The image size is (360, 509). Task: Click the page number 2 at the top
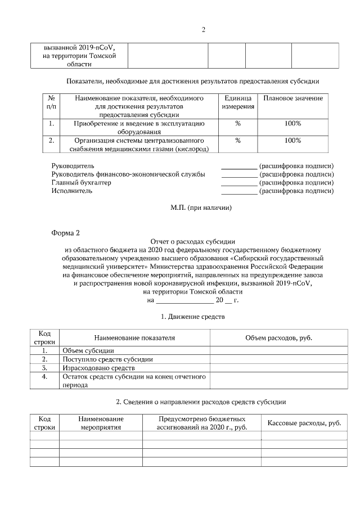click(203, 30)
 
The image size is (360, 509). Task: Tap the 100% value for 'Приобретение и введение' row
click(292, 123)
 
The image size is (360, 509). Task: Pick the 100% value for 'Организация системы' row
click(292, 140)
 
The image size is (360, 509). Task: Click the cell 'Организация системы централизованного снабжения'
click(139, 145)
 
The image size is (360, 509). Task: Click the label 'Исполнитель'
click(72, 191)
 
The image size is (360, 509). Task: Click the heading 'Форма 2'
click(70, 232)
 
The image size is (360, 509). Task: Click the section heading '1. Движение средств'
click(193, 317)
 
